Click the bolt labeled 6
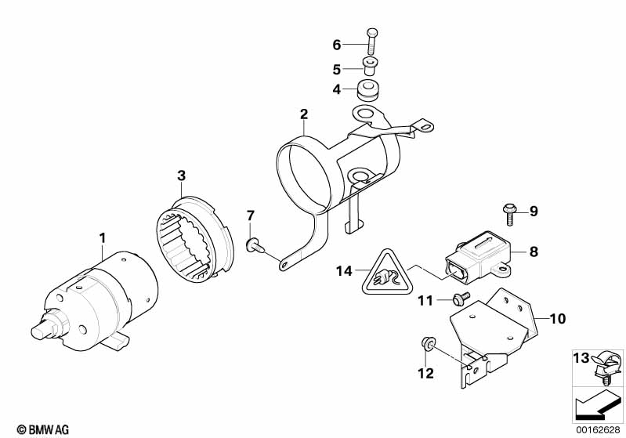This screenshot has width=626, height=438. (x=371, y=42)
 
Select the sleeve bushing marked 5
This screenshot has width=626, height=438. (x=370, y=67)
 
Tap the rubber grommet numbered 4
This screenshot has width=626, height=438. (x=367, y=90)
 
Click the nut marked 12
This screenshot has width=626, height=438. (x=429, y=343)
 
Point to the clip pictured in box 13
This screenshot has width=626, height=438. (x=607, y=367)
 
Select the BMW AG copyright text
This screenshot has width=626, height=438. (x=43, y=429)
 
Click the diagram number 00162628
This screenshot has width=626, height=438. (x=599, y=429)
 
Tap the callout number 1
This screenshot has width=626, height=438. (x=103, y=238)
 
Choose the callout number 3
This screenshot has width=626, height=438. (x=181, y=176)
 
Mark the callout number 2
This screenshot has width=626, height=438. (x=304, y=114)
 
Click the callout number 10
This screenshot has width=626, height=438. (x=558, y=319)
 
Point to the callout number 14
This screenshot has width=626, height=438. (x=344, y=272)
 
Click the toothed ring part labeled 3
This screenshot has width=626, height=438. (x=194, y=239)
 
